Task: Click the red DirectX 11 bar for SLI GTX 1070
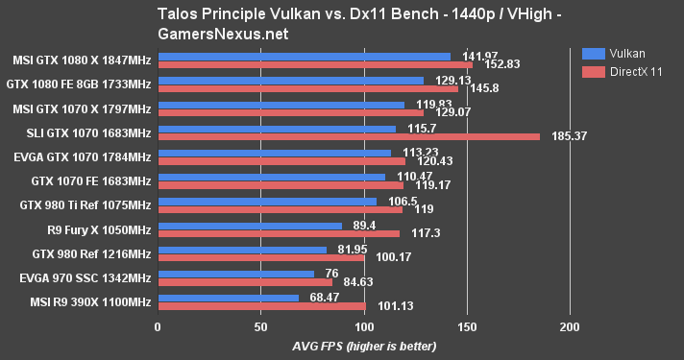(x=348, y=136)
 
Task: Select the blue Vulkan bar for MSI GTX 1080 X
(x=304, y=56)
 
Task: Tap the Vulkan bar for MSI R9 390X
(x=228, y=299)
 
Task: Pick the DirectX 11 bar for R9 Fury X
(x=278, y=233)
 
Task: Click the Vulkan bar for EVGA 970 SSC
(x=235, y=275)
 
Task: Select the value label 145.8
(x=483, y=88)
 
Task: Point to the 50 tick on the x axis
(x=260, y=327)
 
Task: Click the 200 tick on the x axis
(x=569, y=327)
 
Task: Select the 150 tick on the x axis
(x=466, y=327)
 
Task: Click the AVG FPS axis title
(x=363, y=346)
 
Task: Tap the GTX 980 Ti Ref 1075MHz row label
(x=85, y=204)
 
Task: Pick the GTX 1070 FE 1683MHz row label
(x=90, y=180)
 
